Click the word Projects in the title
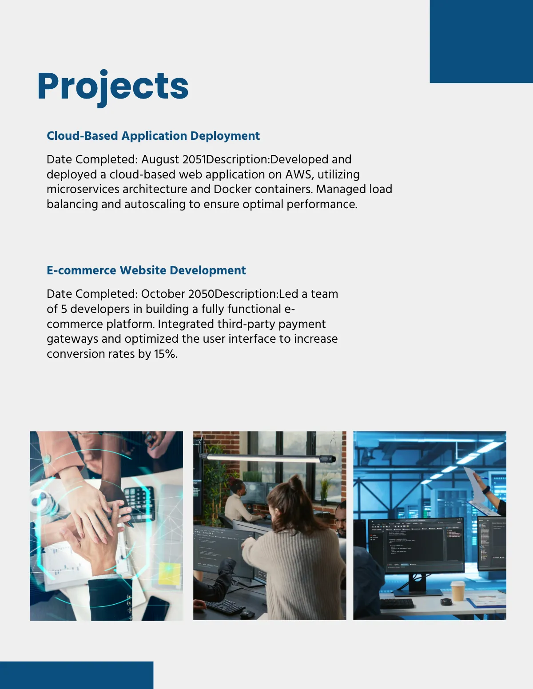113,86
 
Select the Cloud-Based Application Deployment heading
153,136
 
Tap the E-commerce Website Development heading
146,270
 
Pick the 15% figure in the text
165,354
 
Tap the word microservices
83,189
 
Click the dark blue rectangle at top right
481,41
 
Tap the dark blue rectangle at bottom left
76,675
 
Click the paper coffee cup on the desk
457,591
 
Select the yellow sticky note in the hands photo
169,573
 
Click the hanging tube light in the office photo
266,457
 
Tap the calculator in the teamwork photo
139,502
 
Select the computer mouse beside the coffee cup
445,602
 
